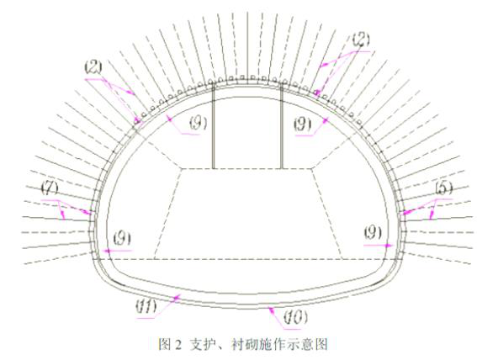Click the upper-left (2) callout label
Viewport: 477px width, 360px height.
93,68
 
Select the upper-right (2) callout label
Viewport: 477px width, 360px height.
361,40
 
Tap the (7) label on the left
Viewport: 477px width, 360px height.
50,188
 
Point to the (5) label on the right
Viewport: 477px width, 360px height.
444,188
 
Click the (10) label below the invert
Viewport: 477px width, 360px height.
295,317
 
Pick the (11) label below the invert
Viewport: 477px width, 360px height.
146,307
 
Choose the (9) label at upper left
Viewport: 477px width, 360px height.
199,123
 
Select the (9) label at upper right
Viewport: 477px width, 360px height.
303,124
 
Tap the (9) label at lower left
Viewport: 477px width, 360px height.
123,239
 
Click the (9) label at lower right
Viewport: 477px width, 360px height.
374,233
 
